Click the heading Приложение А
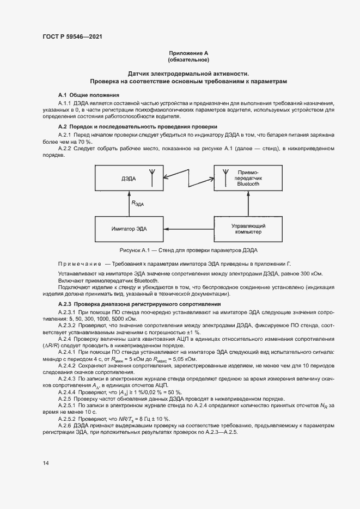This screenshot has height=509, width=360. (x=188, y=53)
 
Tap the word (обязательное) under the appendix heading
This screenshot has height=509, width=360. (x=188, y=60)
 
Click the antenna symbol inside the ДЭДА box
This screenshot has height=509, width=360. (x=152, y=174)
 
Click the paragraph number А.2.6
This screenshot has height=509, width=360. (x=66, y=425)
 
